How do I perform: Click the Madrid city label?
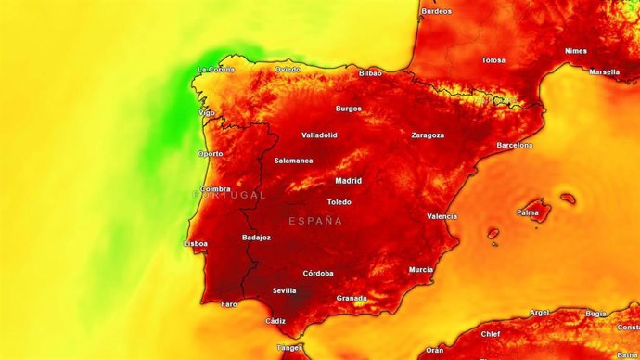(x=348, y=181)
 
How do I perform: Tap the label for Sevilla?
(x=284, y=290)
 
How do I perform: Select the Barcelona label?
(x=514, y=146)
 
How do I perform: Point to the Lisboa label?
(x=196, y=244)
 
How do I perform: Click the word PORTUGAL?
(x=229, y=196)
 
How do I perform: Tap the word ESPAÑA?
(x=315, y=221)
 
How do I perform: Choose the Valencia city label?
(x=442, y=216)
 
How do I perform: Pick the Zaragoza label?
(x=428, y=135)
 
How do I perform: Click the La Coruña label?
(x=216, y=70)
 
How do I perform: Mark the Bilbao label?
(x=370, y=72)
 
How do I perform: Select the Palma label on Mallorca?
(x=528, y=212)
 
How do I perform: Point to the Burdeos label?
(x=437, y=11)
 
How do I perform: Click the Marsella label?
(x=604, y=71)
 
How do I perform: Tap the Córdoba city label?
(x=318, y=274)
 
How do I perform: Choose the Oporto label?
(x=210, y=154)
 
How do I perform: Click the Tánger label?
(x=289, y=348)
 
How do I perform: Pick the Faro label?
(x=229, y=304)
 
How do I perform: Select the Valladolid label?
(x=319, y=135)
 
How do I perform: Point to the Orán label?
(x=434, y=351)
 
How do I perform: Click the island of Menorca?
(x=567, y=198)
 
